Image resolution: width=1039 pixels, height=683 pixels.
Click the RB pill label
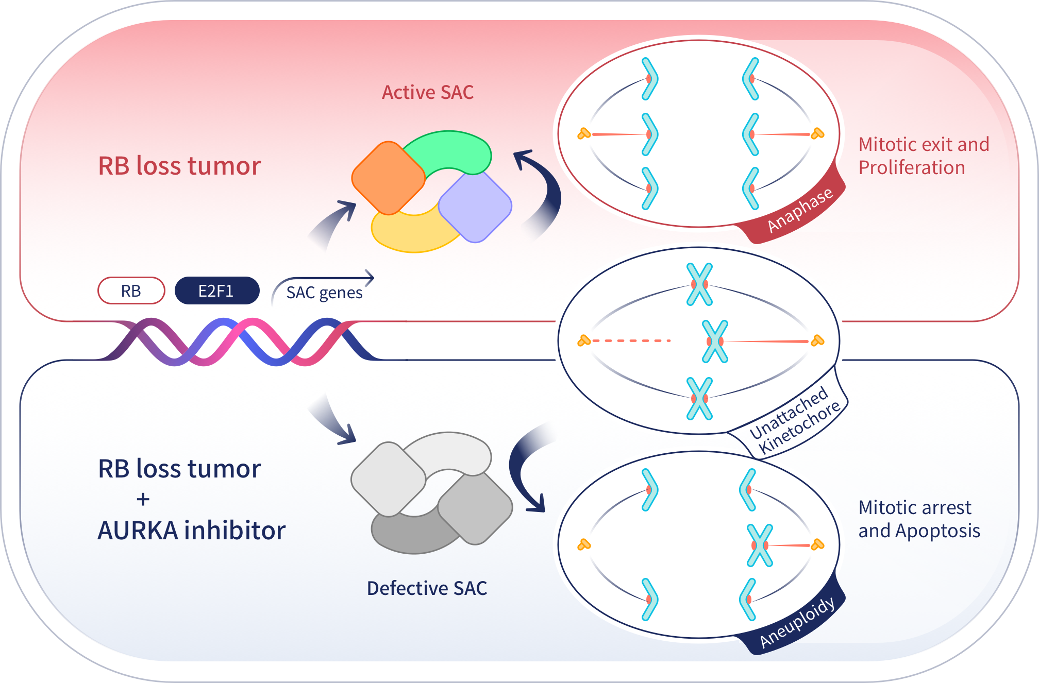[131, 291]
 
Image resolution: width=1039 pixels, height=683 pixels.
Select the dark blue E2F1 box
[216, 291]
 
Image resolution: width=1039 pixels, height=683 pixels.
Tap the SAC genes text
[324, 293]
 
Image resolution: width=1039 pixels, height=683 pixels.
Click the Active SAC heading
[427, 92]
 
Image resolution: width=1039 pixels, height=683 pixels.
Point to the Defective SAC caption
[427, 588]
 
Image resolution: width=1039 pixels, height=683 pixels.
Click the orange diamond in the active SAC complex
[388, 178]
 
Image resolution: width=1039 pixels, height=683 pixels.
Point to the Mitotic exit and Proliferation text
[923, 156]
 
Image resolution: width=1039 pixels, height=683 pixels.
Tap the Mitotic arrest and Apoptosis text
[919, 519]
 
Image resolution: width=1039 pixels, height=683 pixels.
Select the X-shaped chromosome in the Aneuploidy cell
[760, 545]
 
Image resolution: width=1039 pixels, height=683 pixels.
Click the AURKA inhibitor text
[191, 531]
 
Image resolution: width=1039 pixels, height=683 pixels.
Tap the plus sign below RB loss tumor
[143, 499]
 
